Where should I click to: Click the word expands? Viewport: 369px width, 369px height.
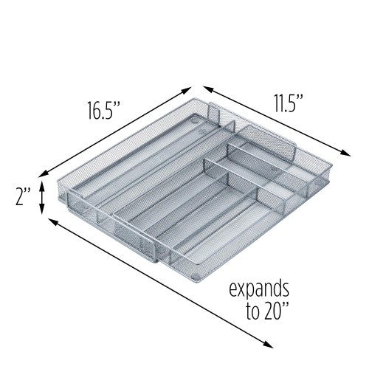tap(259, 289)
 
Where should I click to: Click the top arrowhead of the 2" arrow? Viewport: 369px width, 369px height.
tap(42, 184)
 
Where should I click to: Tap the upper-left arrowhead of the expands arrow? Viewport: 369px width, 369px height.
tap(50, 219)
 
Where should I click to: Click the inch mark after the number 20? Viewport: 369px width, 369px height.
tap(285, 307)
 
